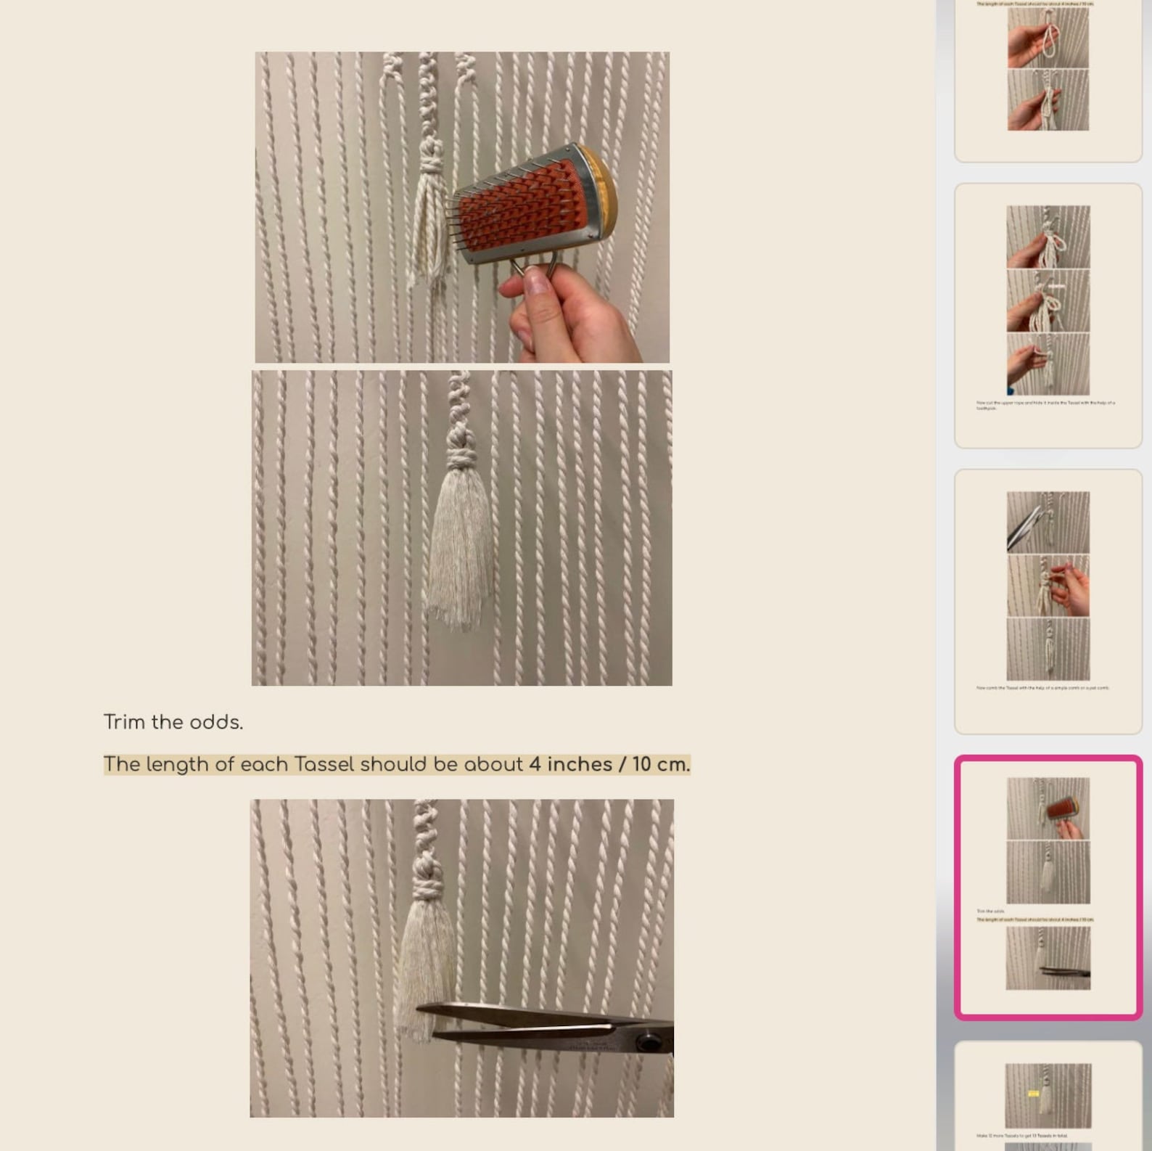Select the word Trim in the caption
tap(125, 722)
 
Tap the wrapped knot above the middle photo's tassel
tap(459, 458)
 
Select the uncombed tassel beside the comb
tap(428, 232)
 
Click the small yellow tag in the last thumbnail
tap(1034, 1093)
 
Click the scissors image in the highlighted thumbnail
tap(1064, 970)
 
